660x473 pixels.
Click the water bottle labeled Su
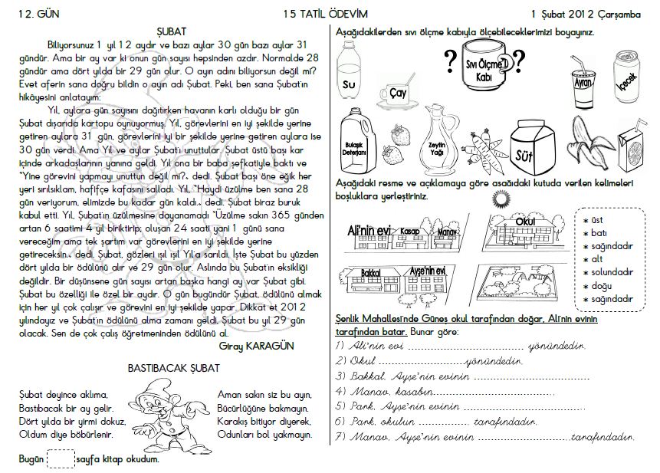pyautogui.click(x=350, y=69)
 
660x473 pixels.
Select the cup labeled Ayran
pyautogui.click(x=583, y=77)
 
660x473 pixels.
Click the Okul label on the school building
pyautogui.click(x=525, y=222)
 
